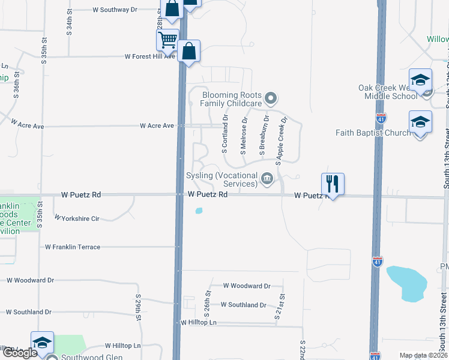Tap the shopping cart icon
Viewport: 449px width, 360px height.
coord(168,40)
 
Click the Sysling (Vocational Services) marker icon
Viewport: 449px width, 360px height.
coord(268,177)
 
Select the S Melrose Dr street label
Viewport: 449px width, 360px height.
coord(244,136)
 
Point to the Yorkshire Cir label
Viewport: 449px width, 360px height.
coord(76,218)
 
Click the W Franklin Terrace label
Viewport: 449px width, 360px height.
coord(73,247)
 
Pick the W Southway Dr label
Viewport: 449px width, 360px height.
coord(115,10)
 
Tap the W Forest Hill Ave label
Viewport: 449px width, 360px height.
coord(149,56)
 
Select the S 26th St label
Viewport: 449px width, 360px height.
coord(207,304)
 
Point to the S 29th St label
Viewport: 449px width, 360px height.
coord(137,307)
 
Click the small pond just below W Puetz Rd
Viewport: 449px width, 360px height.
coord(199,211)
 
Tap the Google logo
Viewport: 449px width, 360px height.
coord(20,353)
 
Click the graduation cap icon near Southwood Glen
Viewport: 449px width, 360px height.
coord(42,343)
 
